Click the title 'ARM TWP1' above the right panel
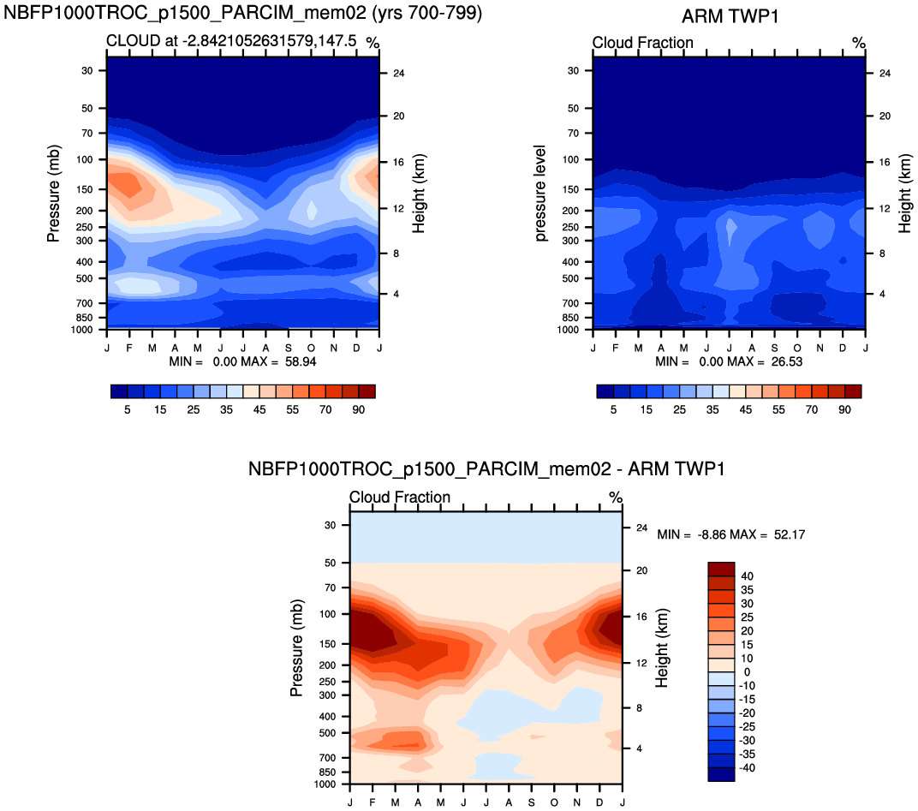(730, 16)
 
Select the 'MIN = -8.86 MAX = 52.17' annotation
(730, 534)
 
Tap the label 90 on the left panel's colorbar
(358, 410)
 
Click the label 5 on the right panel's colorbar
(614, 410)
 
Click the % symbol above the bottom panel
(615, 498)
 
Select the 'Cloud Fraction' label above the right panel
(642, 43)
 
